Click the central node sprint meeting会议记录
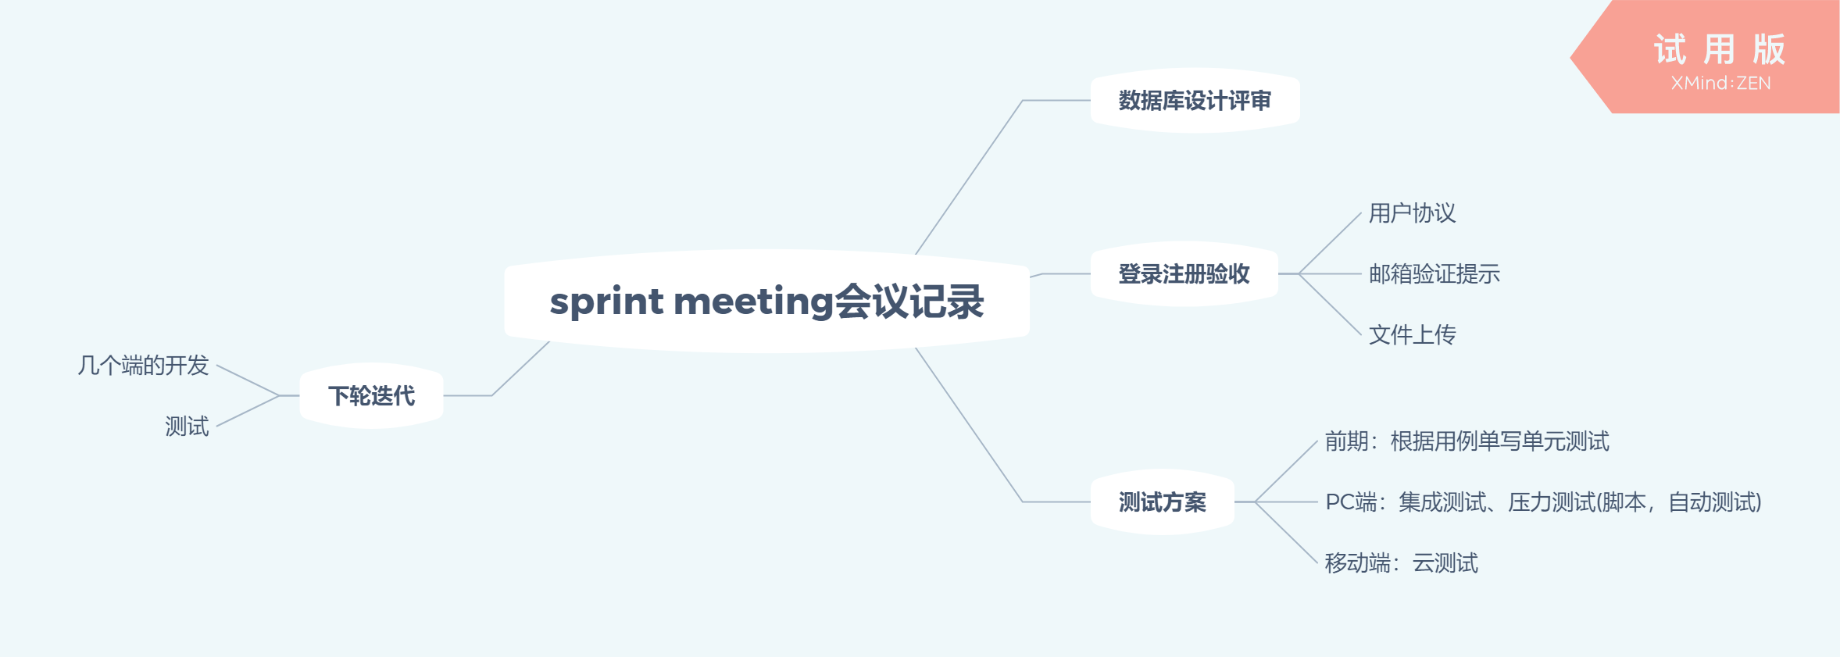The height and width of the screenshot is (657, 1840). [766, 302]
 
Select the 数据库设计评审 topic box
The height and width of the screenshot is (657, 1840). [1195, 101]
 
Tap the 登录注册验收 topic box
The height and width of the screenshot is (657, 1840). [1184, 274]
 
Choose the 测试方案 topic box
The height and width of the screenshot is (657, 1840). [1162, 502]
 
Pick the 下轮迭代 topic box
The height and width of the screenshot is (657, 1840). [371, 396]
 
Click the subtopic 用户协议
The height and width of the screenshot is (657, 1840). [1412, 213]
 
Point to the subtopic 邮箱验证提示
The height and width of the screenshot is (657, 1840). [1434, 274]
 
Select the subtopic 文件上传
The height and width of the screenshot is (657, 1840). [1412, 335]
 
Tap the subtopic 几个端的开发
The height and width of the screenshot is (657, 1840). [143, 366]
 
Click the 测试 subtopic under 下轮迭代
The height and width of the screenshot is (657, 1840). [187, 427]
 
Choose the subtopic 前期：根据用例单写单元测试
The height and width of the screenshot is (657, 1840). [1467, 441]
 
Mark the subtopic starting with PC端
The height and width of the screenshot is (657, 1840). [1543, 502]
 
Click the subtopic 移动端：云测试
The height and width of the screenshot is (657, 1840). [1401, 563]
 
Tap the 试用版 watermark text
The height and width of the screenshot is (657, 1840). [1719, 50]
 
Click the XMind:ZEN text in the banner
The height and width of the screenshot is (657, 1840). [1720, 84]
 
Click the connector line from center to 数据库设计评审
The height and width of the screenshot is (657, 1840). [969, 177]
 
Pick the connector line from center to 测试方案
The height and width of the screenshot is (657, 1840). [969, 425]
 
